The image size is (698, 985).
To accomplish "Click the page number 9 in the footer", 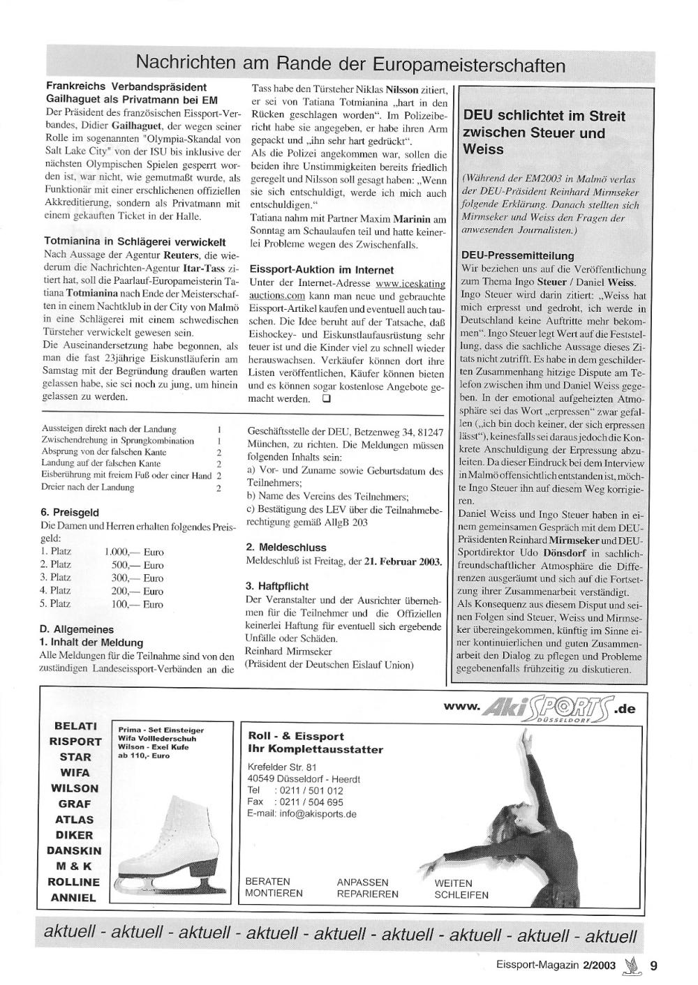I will click(653, 966).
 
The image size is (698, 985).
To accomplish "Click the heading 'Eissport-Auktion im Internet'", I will click(321, 269).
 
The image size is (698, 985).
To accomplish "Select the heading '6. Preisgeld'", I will click(69, 511).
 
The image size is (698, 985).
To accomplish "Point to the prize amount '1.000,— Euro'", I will click(133, 552).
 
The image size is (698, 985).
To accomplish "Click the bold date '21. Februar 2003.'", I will click(403, 562).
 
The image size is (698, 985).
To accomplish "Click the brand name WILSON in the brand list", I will click(75, 788).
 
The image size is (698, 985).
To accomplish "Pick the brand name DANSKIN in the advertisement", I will click(74, 851).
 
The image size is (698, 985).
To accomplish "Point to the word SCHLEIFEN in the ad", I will click(461, 894).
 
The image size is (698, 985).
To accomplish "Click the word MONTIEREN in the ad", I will click(274, 893).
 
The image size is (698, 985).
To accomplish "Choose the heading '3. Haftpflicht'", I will click(277, 586).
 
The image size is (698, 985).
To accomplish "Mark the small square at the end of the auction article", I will click(325, 400).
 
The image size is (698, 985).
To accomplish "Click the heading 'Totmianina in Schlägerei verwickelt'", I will click(135, 242).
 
